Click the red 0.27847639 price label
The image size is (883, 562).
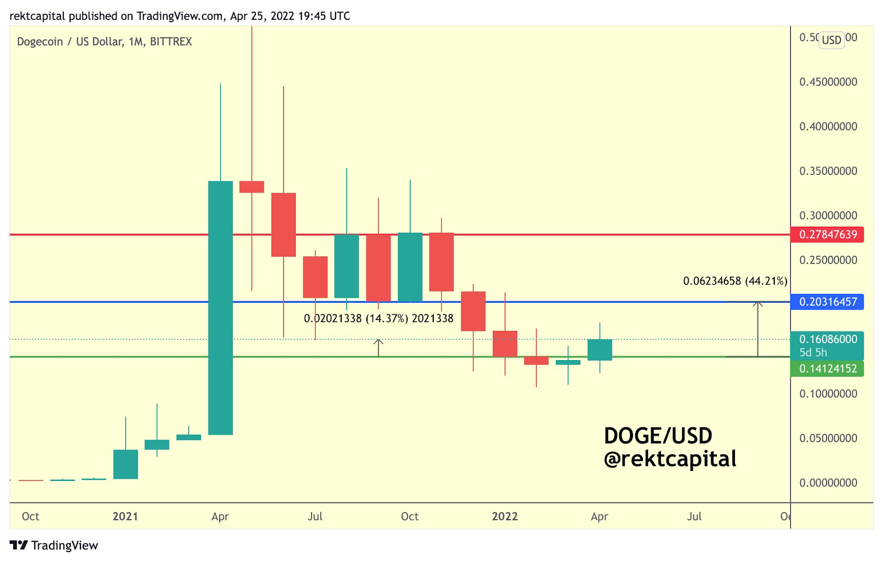827,234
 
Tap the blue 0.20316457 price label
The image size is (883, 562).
827,302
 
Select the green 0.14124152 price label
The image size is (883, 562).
827,368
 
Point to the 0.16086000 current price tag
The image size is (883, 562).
827,340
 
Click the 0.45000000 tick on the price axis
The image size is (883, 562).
828,82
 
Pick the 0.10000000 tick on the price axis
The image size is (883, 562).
828,394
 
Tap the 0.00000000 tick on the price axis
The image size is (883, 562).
828,483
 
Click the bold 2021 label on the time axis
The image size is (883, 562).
125,517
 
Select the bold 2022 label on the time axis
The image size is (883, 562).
504,517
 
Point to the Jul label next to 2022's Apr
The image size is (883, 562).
694,517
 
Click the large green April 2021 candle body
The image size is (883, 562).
220,308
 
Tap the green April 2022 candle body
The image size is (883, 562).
599,350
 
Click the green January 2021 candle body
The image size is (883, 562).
125,464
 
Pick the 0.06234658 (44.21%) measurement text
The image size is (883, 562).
735,281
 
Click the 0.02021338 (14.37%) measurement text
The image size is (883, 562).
378,319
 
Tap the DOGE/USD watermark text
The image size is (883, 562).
658,436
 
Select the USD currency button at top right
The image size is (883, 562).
831,40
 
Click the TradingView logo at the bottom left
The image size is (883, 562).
54,545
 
